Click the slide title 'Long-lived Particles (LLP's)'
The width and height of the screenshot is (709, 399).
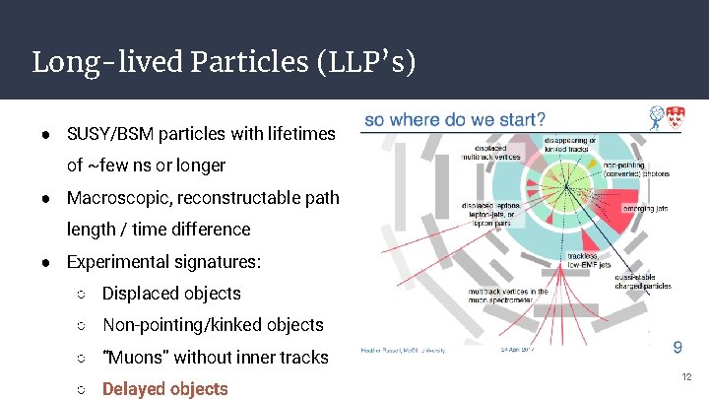pos(225,62)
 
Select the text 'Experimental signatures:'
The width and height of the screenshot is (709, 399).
pos(163,262)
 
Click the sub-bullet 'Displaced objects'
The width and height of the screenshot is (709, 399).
pos(171,294)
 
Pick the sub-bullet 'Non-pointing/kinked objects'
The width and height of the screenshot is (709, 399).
pos(213,325)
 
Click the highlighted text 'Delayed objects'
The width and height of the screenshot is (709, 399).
pos(165,389)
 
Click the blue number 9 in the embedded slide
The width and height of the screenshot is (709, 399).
pos(677,346)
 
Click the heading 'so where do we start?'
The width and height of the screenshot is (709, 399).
pos(454,120)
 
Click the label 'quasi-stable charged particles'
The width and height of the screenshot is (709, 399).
pos(642,282)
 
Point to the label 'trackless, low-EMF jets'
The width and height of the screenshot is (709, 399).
pos(591,260)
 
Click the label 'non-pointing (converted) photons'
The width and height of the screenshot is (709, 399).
pos(635,169)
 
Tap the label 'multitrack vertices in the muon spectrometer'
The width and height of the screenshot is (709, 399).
pos(509,296)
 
